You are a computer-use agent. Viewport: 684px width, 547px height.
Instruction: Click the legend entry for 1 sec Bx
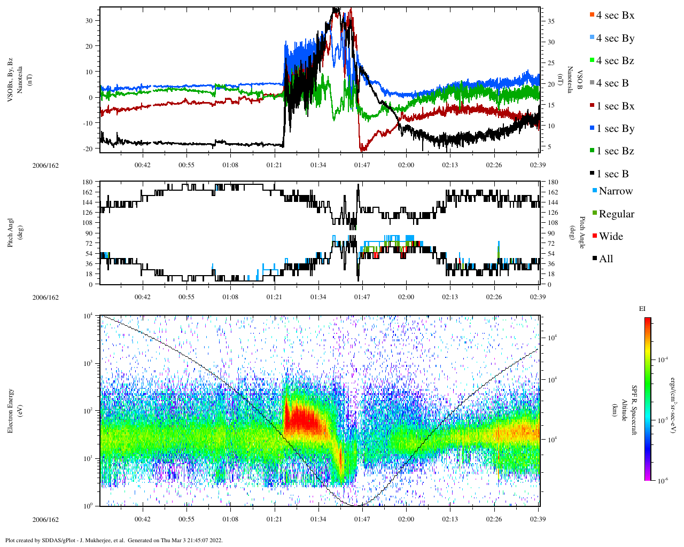pyautogui.click(x=615, y=106)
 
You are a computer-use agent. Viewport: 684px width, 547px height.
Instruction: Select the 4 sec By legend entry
pyautogui.click(x=615, y=38)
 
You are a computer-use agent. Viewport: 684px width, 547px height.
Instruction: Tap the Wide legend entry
pyautogui.click(x=610, y=236)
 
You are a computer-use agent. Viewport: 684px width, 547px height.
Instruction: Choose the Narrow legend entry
pyautogui.click(x=615, y=191)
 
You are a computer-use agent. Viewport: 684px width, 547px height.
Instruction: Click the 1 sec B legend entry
pyautogui.click(x=612, y=174)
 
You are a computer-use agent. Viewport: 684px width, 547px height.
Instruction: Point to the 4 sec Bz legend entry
pyautogui.click(x=615, y=60)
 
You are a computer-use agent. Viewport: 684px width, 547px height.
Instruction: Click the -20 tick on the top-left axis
pyautogui.click(x=87, y=149)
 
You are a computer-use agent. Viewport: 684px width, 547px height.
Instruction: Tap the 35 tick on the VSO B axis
pyautogui.click(x=550, y=21)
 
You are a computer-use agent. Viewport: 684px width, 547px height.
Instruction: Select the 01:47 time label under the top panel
pyautogui.click(x=362, y=165)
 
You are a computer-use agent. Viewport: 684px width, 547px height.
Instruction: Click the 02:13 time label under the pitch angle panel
pyautogui.click(x=450, y=297)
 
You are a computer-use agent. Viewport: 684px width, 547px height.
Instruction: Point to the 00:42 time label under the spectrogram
pyautogui.click(x=142, y=519)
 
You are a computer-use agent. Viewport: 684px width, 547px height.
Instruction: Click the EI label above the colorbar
pyautogui.click(x=642, y=309)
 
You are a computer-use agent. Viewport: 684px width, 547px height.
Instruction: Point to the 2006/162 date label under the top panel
pyautogui.click(x=45, y=165)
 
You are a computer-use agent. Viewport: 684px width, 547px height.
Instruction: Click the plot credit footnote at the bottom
pyautogui.click(x=114, y=540)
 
